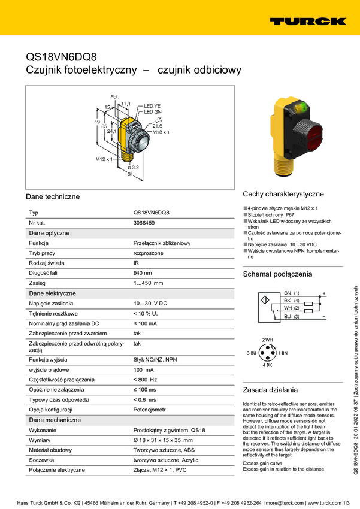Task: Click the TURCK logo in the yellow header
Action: point(307,21)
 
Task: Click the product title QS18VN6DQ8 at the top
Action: point(61,57)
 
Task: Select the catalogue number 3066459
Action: point(144,223)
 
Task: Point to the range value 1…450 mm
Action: point(148,283)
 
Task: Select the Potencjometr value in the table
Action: point(150,410)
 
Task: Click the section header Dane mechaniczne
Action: point(55,420)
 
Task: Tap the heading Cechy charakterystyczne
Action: point(283,194)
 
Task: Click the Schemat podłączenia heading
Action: point(277,274)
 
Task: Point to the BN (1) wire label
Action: point(292,292)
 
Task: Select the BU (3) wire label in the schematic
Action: point(292,316)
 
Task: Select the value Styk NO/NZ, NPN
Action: point(155,359)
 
